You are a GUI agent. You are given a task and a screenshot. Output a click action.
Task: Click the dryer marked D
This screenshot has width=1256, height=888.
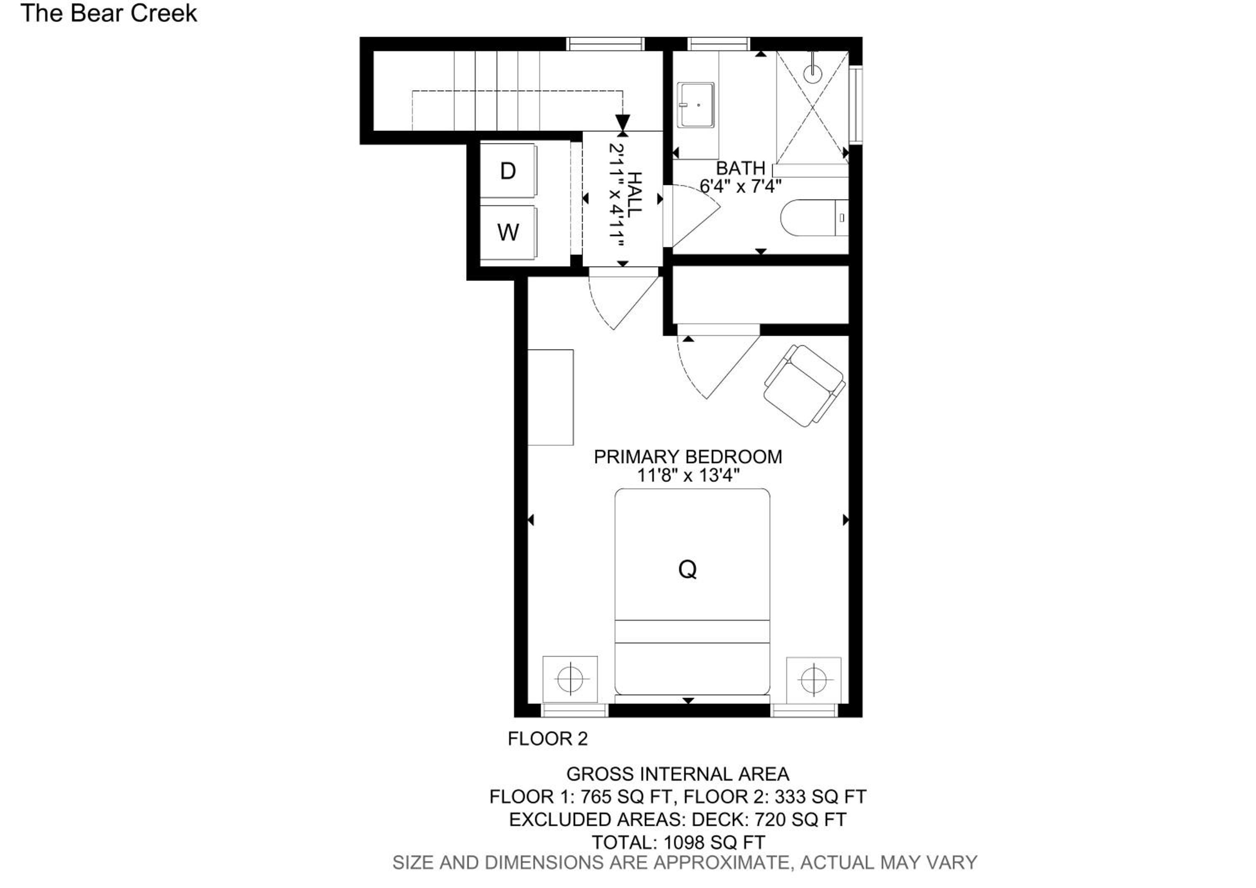[x=508, y=171]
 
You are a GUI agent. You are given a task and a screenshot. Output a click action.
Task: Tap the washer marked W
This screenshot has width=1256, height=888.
[x=508, y=232]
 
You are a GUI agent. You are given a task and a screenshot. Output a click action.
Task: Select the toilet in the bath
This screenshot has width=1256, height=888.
[x=814, y=218]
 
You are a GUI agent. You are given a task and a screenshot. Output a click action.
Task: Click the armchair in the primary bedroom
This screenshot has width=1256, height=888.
[x=804, y=386]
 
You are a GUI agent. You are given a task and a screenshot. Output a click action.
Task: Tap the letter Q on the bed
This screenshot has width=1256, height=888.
[x=687, y=570]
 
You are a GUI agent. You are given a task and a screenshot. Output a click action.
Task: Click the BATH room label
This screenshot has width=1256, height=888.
[x=741, y=168]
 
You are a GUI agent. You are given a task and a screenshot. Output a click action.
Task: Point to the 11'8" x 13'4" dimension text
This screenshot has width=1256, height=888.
[x=688, y=475]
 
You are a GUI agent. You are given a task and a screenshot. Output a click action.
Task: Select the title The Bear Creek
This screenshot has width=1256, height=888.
[x=109, y=14]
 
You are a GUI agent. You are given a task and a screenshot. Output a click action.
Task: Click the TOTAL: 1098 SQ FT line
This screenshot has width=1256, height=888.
[x=678, y=842]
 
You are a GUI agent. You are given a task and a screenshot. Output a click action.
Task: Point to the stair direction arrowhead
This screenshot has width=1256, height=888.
[x=623, y=122]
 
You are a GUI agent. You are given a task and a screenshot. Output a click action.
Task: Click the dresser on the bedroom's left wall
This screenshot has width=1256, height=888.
[x=550, y=397]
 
